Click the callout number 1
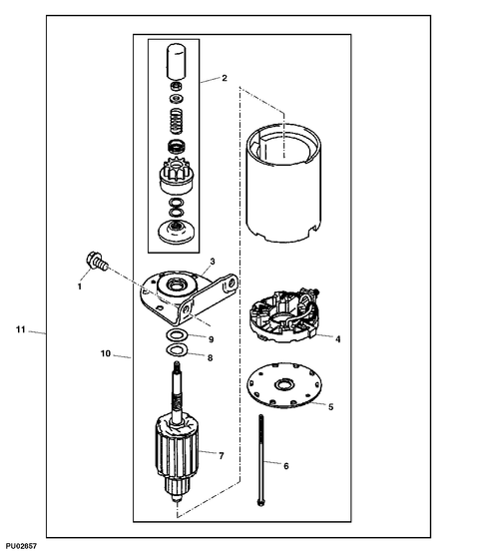click(x=79, y=285)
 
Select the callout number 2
click(x=225, y=78)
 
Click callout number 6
click(x=285, y=466)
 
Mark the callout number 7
click(x=221, y=456)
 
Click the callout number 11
click(x=20, y=329)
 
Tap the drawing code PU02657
click(x=21, y=548)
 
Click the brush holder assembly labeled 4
click(x=285, y=312)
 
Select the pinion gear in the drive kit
click(x=176, y=179)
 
